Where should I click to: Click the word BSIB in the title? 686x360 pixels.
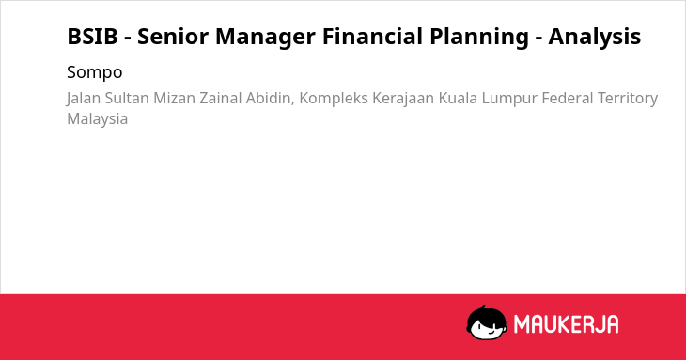click(x=92, y=37)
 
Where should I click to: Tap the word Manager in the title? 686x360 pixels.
click(x=265, y=38)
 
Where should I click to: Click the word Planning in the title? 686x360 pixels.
click(x=479, y=38)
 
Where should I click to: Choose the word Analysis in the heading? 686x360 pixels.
click(x=595, y=38)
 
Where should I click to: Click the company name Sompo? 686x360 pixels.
click(x=95, y=72)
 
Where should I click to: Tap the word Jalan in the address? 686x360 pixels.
click(x=84, y=99)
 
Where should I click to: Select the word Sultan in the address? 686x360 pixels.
click(x=127, y=98)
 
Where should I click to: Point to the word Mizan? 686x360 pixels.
click(x=174, y=98)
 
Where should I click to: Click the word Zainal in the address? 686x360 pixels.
click(x=221, y=98)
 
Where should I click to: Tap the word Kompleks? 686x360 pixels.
click(x=334, y=99)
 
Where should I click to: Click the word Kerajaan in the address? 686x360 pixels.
click(x=403, y=99)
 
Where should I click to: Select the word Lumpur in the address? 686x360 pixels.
click(x=509, y=99)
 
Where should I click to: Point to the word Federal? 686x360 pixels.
click(x=567, y=98)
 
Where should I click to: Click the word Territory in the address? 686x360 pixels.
click(x=628, y=99)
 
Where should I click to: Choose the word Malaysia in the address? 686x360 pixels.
click(x=97, y=119)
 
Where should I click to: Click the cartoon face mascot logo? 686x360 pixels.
click(x=487, y=323)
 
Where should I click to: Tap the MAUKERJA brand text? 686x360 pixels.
click(x=566, y=324)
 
